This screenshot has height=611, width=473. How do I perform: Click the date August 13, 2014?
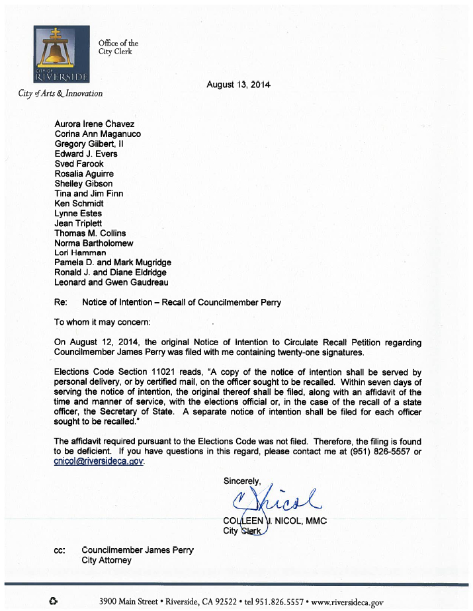pyautogui.click(x=239, y=85)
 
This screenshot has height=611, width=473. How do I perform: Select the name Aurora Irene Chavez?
pyautogui.click(x=94, y=124)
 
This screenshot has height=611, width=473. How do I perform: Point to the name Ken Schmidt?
pyautogui.click(x=79, y=204)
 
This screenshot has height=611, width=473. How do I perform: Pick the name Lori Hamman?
pyautogui.click(x=80, y=253)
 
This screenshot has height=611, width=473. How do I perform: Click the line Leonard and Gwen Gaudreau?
pyautogui.click(x=110, y=282)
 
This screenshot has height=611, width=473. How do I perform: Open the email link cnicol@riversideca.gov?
pyautogui.click(x=98, y=462)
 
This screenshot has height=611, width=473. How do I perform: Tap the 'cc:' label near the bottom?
pyautogui.click(x=60, y=550)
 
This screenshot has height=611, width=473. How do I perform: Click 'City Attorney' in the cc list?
pyautogui.click(x=106, y=560)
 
